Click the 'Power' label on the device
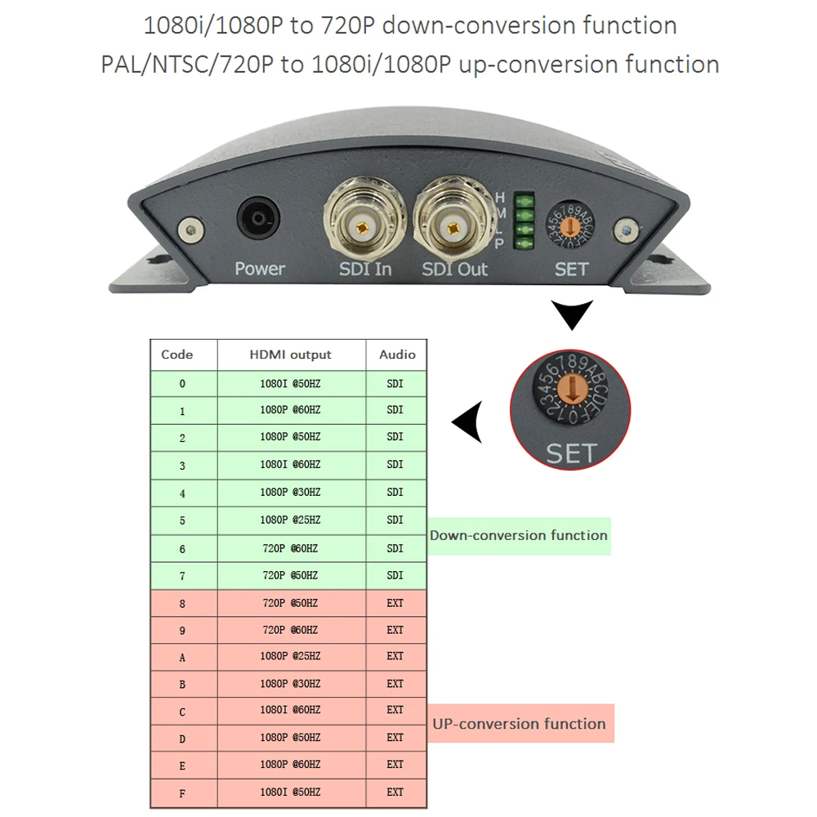(260, 268)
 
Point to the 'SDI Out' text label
(454, 269)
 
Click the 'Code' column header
(177, 355)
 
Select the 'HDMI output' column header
(291, 355)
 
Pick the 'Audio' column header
(397, 355)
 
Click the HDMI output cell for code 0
(291, 383)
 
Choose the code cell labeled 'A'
(183, 657)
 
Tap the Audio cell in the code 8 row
(395, 603)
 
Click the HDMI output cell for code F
(291, 792)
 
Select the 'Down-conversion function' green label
(519, 536)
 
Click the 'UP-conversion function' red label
(520, 724)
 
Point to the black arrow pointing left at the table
(467, 422)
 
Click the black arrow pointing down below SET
(572, 315)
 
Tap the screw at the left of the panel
(191, 229)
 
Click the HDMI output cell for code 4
(291, 493)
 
